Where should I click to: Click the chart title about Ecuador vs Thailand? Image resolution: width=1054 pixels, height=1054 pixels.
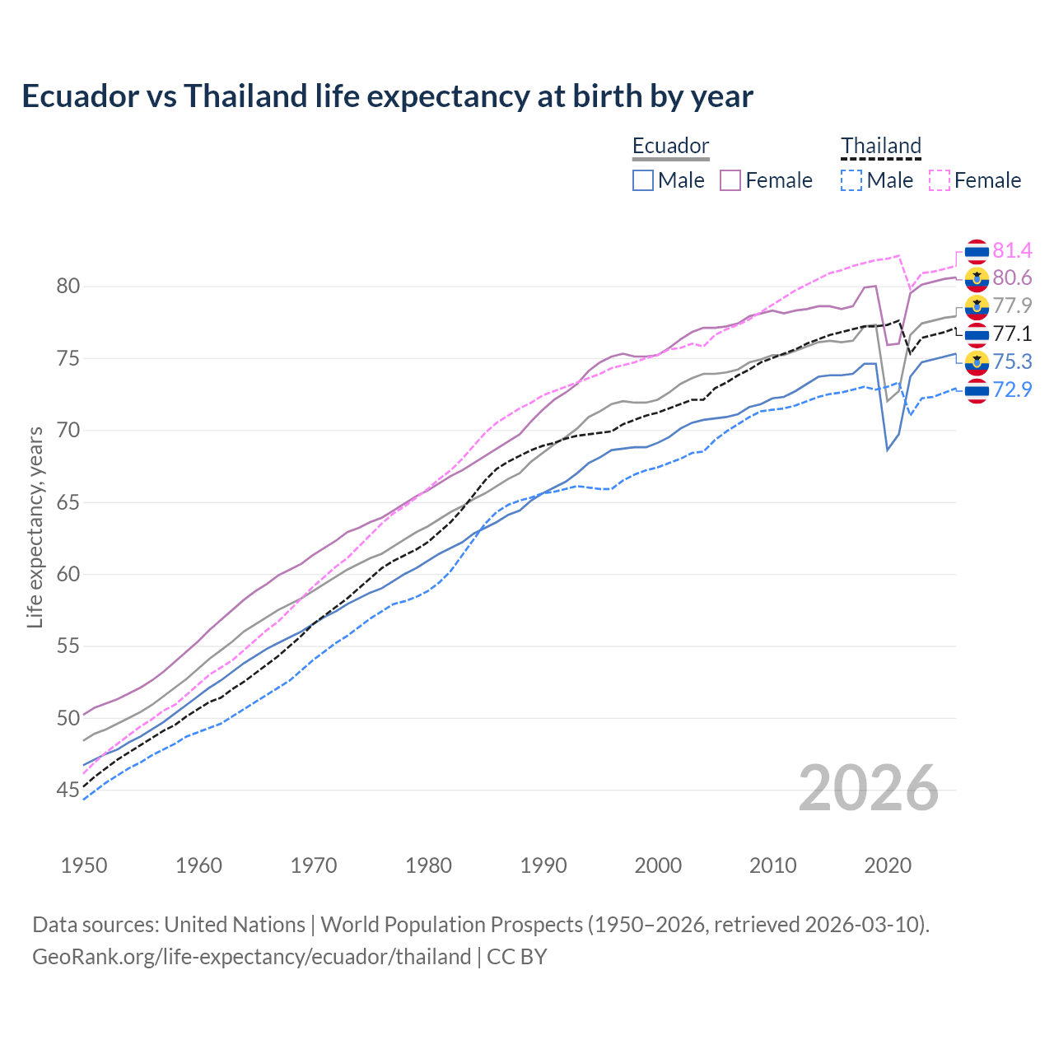click(387, 96)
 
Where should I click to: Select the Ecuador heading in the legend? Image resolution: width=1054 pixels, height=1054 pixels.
click(670, 146)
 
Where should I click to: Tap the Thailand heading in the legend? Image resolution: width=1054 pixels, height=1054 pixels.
click(880, 146)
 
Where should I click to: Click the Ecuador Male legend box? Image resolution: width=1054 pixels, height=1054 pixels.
click(643, 180)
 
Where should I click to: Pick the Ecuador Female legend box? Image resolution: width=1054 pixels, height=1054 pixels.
click(730, 180)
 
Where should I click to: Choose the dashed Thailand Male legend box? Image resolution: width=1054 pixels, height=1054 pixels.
click(851, 180)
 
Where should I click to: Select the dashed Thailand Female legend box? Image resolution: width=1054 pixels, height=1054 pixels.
click(939, 180)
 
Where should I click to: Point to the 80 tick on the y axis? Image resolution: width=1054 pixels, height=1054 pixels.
click(68, 287)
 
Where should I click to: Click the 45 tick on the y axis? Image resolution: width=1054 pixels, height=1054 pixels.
click(68, 790)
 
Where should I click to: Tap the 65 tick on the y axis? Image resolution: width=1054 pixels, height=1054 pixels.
click(68, 502)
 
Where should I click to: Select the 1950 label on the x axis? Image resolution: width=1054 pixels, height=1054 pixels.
click(84, 865)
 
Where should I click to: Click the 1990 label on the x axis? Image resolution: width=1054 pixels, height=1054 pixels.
click(543, 865)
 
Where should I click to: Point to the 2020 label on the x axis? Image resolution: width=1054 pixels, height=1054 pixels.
click(888, 865)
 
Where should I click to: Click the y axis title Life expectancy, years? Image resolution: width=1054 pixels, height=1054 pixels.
click(35, 527)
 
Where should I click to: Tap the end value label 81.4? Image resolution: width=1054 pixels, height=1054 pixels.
click(1012, 250)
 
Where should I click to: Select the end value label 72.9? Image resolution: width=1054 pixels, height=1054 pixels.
click(1012, 389)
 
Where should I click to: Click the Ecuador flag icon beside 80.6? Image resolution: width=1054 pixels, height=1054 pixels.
click(977, 279)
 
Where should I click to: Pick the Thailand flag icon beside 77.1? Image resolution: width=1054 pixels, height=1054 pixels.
click(977, 334)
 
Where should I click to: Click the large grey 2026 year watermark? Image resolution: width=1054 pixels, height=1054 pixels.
click(868, 788)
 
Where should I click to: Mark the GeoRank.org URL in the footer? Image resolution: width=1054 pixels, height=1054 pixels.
click(251, 957)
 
